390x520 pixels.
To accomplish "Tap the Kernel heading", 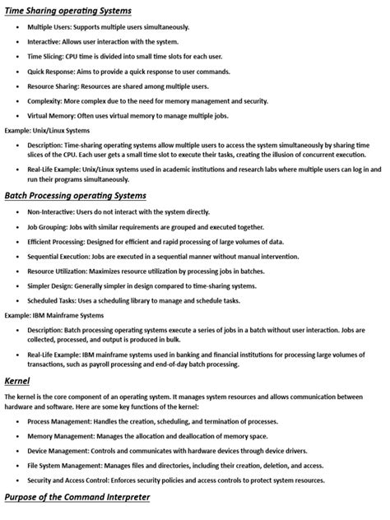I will (18, 381).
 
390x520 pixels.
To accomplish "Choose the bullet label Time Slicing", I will (46, 57).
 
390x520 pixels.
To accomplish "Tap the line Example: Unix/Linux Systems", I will (48, 131).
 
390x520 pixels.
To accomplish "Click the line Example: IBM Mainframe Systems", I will (54, 315).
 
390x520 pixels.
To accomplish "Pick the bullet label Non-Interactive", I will (50, 211).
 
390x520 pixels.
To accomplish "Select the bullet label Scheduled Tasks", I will (52, 300).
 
